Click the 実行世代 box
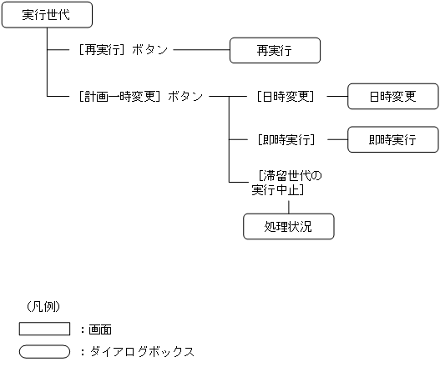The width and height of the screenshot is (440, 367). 46,15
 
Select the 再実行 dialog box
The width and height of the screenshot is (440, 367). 275,51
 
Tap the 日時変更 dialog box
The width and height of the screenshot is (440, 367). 392,97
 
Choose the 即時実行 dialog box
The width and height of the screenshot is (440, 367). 392,139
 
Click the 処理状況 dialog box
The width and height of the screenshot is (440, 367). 288,226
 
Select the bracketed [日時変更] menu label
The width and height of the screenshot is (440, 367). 286,97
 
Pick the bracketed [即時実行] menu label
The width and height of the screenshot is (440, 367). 286,139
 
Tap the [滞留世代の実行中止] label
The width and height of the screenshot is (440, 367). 286,183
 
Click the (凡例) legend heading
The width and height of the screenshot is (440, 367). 44,306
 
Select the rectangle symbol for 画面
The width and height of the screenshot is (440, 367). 44,329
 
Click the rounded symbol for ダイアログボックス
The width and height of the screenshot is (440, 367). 44,351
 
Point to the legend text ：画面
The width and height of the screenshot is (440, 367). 101,329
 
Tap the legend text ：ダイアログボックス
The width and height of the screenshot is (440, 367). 137,351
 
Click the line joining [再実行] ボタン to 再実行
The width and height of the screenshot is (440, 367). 200,51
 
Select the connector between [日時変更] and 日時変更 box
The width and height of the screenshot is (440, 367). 336,97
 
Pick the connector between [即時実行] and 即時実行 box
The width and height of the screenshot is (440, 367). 336,139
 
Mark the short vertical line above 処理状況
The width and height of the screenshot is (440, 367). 288,205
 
